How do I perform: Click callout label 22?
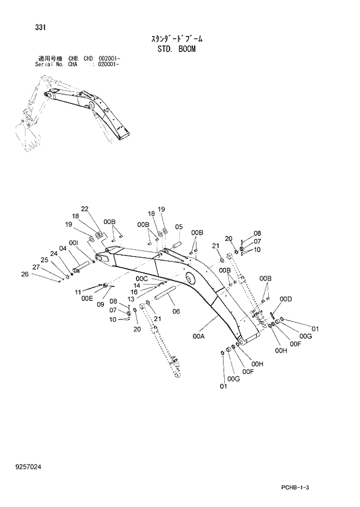pyautogui.click(x=85, y=209)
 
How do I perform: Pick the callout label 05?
pyautogui.click(x=179, y=227)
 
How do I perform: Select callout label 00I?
pyautogui.click(x=74, y=243)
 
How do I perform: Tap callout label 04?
pyautogui.click(x=63, y=249)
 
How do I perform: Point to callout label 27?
pyautogui.click(x=36, y=267)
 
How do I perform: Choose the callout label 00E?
pyautogui.click(x=87, y=298)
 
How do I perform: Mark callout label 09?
pyautogui.click(x=100, y=304)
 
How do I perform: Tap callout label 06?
pyautogui.click(x=176, y=311)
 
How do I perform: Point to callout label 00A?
pyautogui.click(x=199, y=336)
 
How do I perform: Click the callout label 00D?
pyautogui.click(x=285, y=299)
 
